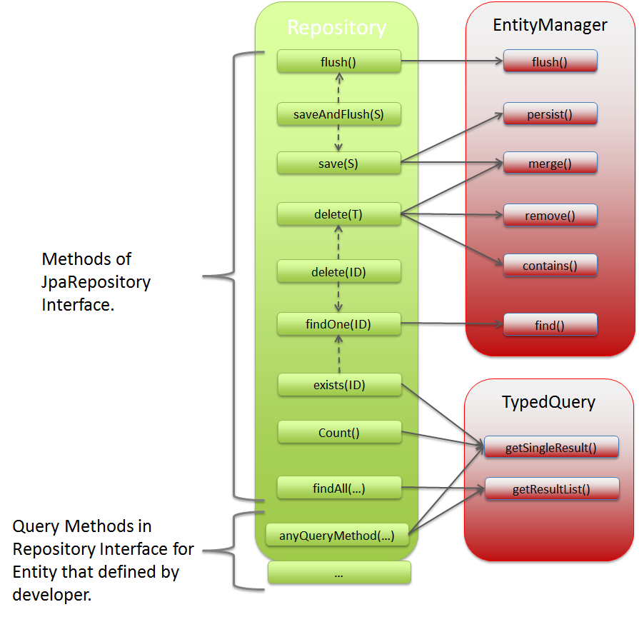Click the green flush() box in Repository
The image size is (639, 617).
tap(338, 62)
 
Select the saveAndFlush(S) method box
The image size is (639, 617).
tap(338, 114)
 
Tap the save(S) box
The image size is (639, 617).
tap(338, 164)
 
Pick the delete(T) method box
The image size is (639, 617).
tap(338, 214)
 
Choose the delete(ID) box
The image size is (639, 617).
tap(338, 271)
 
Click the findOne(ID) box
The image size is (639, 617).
tap(338, 324)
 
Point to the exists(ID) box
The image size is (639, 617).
tap(338, 385)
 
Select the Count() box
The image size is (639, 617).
tap(338, 432)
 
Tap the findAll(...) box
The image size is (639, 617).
tap(338, 488)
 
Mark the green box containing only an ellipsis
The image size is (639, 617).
tap(339, 573)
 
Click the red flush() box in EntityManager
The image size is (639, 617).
tap(550, 61)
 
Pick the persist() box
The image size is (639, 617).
tap(550, 114)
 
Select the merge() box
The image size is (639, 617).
tap(550, 164)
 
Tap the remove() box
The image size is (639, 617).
tap(550, 215)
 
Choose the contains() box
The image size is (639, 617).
tap(550, 266)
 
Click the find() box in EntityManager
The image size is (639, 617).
tap(550, 325)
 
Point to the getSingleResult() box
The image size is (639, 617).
tap(551, 448)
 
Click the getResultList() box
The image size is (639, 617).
tap(551, 489)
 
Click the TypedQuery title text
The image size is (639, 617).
tap(549, 402)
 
